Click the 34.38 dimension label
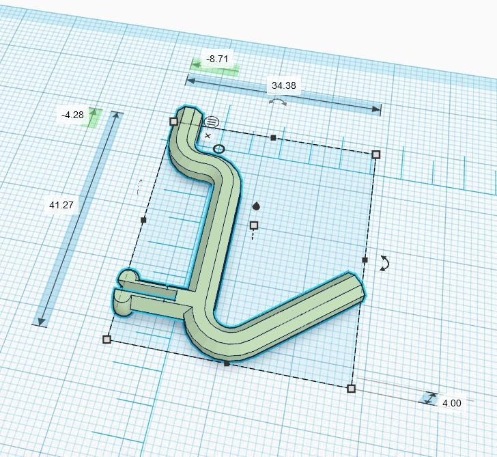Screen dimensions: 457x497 click(283, 85)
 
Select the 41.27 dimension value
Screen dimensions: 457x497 click(61, 205)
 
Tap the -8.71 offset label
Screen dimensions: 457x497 click(217, 59)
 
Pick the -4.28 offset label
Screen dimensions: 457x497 click(72, 115)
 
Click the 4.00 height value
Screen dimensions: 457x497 click(451, 403)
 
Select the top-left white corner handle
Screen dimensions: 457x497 click(173, 121)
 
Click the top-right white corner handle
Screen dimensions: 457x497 click(376, 154)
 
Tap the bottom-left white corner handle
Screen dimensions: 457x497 click(106, 340)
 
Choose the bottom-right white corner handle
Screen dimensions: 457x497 click(351, 389)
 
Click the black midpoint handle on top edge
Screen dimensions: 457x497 click(273, 138)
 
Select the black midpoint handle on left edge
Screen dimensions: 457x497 click(143, 220)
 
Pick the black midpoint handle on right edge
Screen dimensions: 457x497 click(365, 260)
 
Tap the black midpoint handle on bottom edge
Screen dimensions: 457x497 click(227, 363)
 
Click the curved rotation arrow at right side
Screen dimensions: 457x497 click(384, 264)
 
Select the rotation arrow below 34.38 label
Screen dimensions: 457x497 click(277, 101)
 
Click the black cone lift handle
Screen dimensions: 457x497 click(256, 206)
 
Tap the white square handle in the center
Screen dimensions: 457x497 click(254, 225)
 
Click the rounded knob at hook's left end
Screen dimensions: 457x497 click(127, 277)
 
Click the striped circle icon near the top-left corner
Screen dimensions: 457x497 click(212, 122)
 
